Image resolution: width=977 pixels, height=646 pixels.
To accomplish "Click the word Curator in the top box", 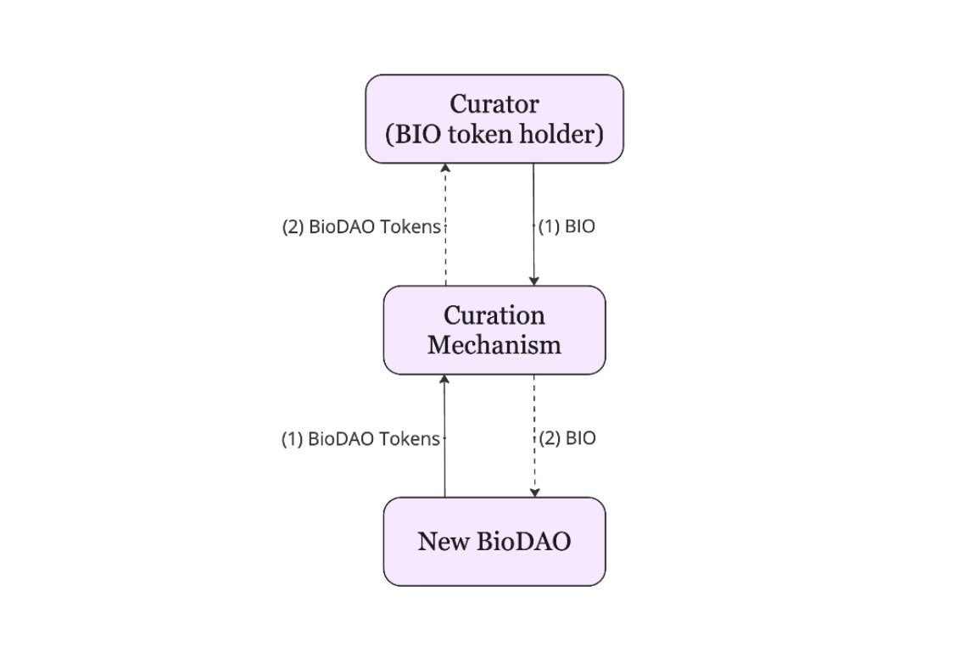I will point(494,105).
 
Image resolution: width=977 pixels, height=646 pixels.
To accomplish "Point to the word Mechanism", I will point(494,345).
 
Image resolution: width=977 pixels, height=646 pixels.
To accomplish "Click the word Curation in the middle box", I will point(494,315).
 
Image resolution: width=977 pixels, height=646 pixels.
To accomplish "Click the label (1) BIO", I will point(567,227).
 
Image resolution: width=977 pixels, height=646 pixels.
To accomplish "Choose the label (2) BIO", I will point(567,438).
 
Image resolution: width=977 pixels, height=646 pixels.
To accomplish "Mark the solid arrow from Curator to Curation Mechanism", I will point(533,195).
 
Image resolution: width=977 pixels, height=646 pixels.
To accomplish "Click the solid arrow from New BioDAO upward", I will point(445,475).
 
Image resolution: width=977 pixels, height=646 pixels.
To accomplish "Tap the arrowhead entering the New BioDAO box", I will point(533,493).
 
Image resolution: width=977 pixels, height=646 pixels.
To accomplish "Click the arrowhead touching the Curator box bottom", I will point(445,168).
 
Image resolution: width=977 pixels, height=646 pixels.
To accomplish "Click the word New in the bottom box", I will point(438,542).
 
